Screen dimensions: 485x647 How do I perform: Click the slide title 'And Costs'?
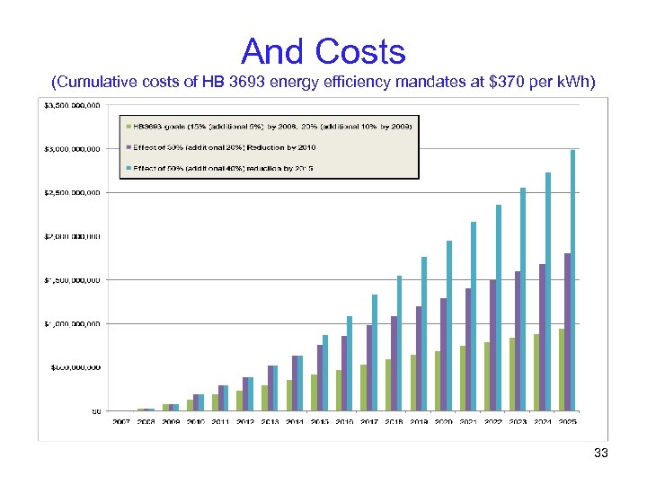(323, 51)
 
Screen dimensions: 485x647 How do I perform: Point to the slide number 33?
(601, 454)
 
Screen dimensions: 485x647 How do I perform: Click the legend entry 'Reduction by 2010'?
(225, 146)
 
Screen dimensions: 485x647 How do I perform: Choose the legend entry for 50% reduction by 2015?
(225, 168)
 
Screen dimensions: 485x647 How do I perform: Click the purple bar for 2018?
(394, 363)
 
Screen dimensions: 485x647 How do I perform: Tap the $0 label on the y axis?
(94, 411)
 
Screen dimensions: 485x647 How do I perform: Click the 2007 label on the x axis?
(121, 421)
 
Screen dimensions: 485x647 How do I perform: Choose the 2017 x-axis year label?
(368, 421)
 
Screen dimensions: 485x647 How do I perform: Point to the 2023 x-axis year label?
(518, 421)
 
